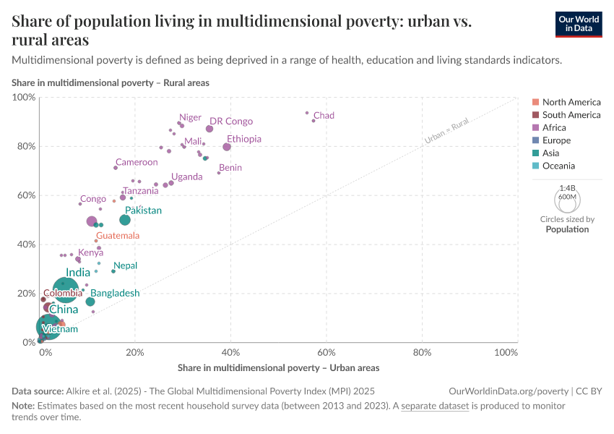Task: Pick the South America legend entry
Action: click(x=571, y=115)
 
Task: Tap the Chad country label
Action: click(x=324, y=116)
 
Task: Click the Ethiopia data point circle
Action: click(x=227, y=147)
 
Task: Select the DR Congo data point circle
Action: click(x=209, y=129)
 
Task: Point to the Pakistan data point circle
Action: click(x=125, y=220)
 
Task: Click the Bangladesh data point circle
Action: click(x=90, y=302)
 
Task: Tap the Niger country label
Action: click(x=191, y=117)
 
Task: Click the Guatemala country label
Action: click(x=117, y=236)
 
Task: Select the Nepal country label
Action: click(x=125, y=266)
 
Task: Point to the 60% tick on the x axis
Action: click(x=327, y=352)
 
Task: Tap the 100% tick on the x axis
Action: click(x=506, y=352)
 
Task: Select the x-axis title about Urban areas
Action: click(x=278, y=367)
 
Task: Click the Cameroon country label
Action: click(x=137, y=163)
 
